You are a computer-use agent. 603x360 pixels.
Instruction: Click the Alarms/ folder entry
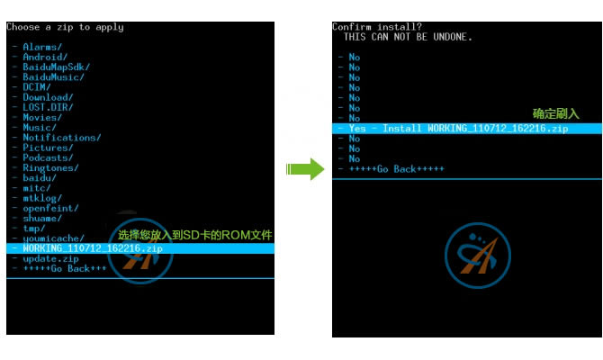pyautogui.click(x=42, y=47)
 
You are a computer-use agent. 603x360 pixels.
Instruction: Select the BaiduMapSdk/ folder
pyautogui.click(x=56, y=67)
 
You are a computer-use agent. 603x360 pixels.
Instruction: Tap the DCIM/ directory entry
pyautogui.click(x=37, y=87)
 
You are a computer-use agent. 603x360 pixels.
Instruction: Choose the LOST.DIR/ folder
pyautogui.click(x=48, y=107)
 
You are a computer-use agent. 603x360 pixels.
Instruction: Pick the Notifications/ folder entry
pyautogui.click(x=61, y=138)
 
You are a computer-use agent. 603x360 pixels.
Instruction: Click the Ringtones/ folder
pyautogui.click(x=50, y=167)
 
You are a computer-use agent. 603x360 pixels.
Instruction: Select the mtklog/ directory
pyautogui.click(x=42, y=198)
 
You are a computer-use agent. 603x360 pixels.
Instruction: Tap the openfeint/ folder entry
pyautogui.click(x=50, y=208)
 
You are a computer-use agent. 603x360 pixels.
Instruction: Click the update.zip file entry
pyautogui.click(x=50, y=258)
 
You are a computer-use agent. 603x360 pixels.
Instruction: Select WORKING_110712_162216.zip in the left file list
pyautogui.click(x=93, y=248)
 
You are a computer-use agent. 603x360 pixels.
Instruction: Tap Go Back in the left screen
pyautogui.click(x=65, y=268)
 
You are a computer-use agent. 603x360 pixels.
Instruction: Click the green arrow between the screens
pyautogui.click(x=305, y=169)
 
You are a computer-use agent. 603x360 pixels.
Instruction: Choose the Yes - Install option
pyautogui.click(x=458, y=129)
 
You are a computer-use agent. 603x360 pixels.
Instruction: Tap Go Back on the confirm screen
pyautogui.click(x=397, y=169)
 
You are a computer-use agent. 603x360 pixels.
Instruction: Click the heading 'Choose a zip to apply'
pyautogui.click(x=65, y=27)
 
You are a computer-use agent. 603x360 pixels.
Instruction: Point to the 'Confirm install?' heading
pyautogui.click(x=377, y=27)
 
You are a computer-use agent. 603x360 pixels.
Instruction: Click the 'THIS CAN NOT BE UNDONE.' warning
pyautogui.click(x=408, y=37)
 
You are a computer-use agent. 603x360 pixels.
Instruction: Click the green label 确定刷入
pyautogui.click(x=555, y=113)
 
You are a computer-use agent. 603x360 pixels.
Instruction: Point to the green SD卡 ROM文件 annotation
pyautogui.click(x=195, y=235)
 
